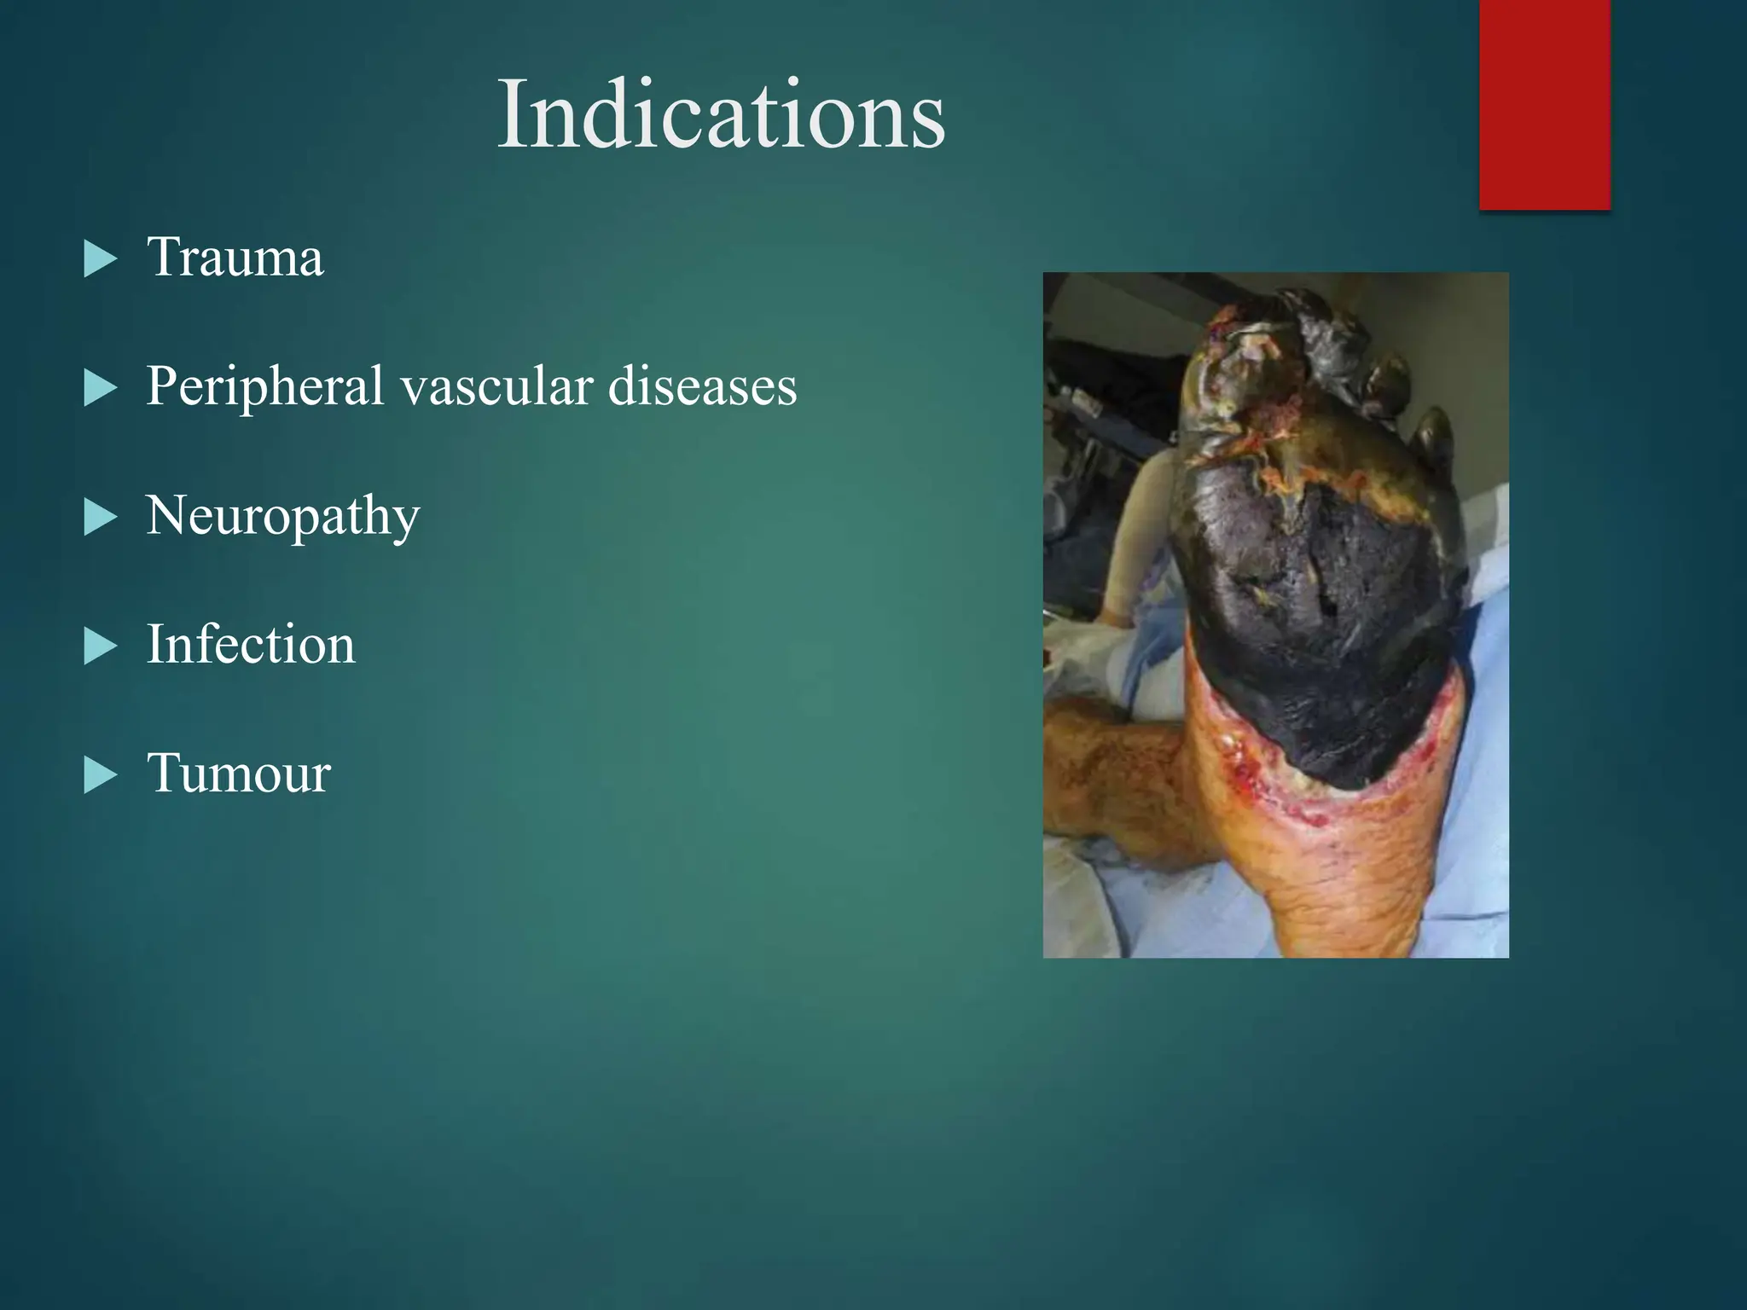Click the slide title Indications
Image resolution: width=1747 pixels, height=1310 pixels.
coord(721,114)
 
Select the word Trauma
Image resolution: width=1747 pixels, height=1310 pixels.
coord(235,257)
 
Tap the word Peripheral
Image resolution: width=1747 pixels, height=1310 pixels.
coord(264,386)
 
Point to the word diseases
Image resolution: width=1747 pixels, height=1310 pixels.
coord(702,386)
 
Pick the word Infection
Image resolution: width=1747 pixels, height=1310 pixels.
coord(251,644)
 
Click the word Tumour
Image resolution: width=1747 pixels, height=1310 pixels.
coord(239,773)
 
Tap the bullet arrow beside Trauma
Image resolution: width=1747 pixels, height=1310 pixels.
coord(100,259)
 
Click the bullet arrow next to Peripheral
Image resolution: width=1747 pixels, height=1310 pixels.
coord(100,389)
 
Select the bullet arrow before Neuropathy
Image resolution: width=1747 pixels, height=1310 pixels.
coord(100,518)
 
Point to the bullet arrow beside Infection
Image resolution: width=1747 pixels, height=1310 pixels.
coord(100,646)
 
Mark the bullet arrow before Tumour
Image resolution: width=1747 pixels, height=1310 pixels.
coord(100,775)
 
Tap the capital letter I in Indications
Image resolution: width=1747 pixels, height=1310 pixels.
coord(512,114)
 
